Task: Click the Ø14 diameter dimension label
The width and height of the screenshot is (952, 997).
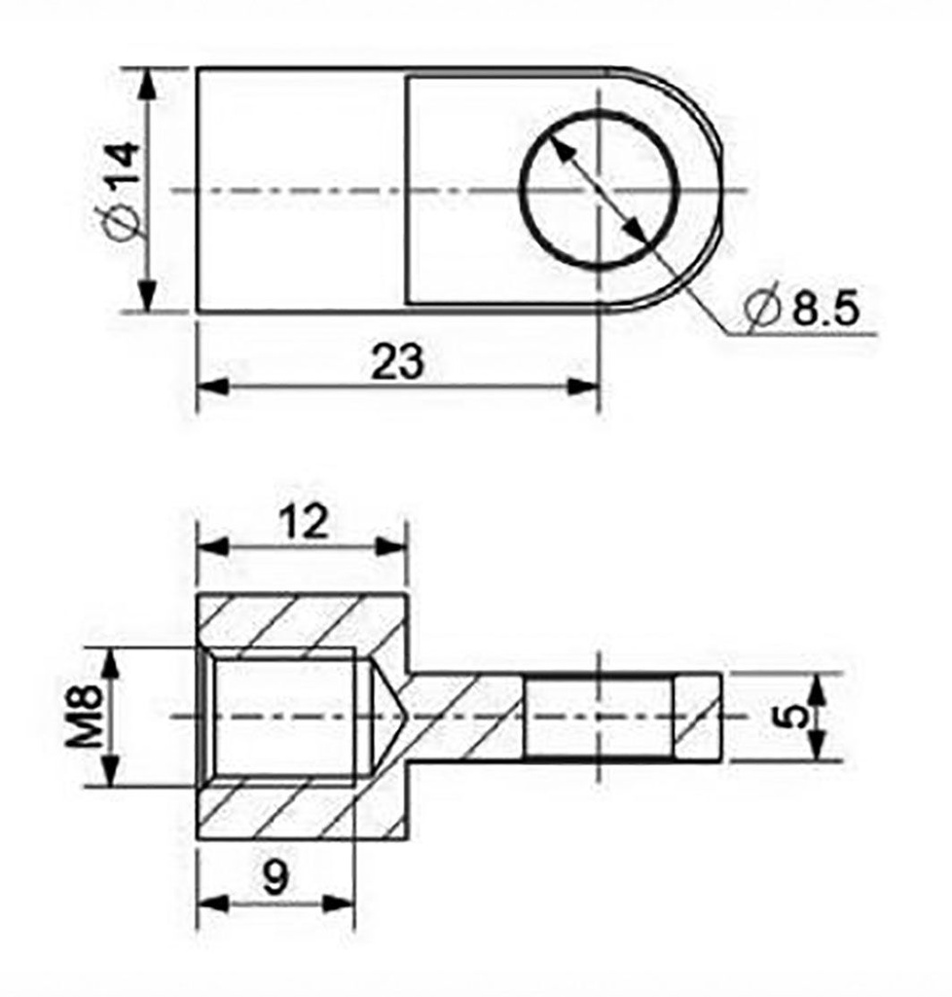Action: (x=123, y=190)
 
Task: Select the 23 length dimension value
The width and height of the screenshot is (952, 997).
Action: (x=398, y=362)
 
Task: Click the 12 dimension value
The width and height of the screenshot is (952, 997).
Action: (x=303, y=523)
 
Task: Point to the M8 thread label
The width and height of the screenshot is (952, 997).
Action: (x=86, y=717)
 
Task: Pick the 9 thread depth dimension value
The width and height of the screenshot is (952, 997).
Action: (x=275, y=879)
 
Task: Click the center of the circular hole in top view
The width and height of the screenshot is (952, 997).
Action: (x=600, y=189)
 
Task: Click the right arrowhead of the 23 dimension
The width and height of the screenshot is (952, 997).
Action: (x=585, y=387)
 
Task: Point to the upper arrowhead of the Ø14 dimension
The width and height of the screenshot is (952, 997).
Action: (x=147, y=83)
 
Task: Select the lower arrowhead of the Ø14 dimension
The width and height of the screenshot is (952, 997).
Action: (x=147, y=297)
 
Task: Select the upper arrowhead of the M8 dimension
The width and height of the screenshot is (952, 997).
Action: (x=113, y=663)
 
